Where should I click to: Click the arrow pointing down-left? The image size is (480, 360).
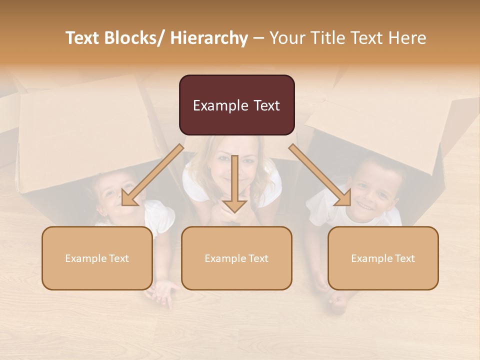[x=152, y=175]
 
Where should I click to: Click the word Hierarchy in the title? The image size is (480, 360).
[x=209, y=38]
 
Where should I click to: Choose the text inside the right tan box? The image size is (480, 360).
[x=383, y=258]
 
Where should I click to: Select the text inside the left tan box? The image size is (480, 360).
[x=97, y=258]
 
